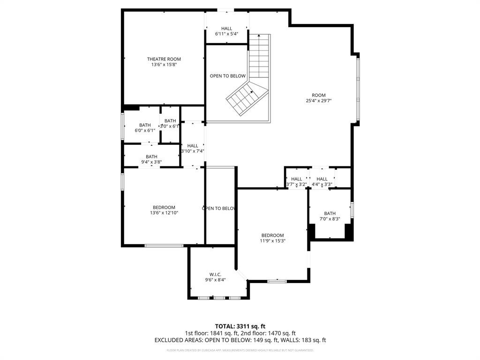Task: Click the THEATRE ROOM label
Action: pos(164,59)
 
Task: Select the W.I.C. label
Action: pos(215,274)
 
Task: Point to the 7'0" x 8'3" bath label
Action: pos(330,214)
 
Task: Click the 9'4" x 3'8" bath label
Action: pos(151,157)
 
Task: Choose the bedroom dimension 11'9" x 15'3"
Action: pos(272,241)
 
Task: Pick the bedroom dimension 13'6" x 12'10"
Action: pos(164,213)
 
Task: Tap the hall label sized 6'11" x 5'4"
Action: pos(227,29)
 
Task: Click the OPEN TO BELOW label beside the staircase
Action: pos(227,76)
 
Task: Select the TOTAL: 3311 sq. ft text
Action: pos(240,326)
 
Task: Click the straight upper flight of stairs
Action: pos(259,56)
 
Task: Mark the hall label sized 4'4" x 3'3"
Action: pos(322,179)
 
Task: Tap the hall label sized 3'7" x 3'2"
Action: pos(296,179)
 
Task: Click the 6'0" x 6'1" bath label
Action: pos(145,125)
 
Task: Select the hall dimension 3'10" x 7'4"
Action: pos(193,151)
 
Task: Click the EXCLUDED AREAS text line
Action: pos(240,340)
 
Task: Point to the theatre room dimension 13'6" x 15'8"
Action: pos(164,65)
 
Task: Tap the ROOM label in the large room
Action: pos(319,95)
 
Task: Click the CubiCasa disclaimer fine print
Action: pos(240,350)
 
